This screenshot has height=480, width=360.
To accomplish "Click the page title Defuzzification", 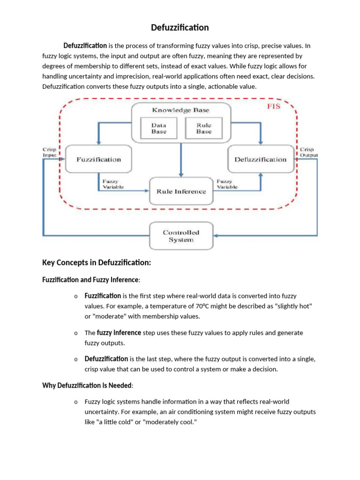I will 180,28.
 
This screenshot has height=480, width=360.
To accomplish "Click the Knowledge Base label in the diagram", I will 180,110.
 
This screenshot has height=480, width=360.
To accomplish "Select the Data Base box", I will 158,128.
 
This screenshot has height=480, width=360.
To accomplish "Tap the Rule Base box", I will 204,128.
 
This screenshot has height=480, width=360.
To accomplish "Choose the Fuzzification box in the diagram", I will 98,159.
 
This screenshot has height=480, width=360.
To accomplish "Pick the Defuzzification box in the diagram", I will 260,159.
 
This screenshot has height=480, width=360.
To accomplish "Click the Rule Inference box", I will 181,191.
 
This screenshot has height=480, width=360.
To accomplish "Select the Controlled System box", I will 181,236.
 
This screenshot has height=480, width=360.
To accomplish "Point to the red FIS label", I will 273,106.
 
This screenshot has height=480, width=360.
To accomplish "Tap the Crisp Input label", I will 49,152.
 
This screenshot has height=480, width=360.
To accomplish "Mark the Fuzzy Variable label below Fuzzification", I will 111,184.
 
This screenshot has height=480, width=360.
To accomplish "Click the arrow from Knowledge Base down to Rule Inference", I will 181,159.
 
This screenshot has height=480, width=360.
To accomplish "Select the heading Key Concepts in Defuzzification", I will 97,263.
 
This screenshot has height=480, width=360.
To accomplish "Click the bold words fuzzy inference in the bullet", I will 119,333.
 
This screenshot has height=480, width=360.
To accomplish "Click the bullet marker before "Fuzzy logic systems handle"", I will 75,402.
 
